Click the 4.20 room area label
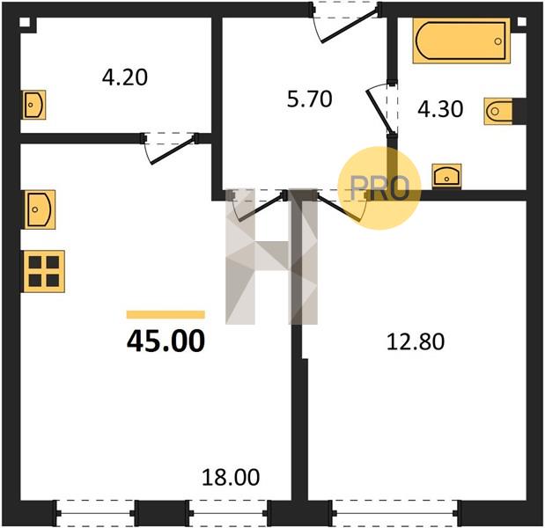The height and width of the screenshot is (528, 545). pos(125,77)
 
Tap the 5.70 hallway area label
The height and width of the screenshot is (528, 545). pos(310,99)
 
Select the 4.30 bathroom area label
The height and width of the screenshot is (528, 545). pos(440,109)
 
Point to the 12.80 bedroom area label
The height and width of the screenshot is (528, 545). pos(416,341)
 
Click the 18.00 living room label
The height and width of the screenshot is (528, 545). pos(231,477)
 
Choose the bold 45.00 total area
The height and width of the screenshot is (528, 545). pos(166,341)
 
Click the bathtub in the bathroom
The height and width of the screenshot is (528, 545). pos(461,41)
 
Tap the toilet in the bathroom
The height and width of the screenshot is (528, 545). pos(498,111)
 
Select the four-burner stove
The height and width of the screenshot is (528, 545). pos(44,271)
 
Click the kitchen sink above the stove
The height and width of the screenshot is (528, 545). pos(40,209)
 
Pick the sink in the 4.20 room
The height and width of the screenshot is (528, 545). pos(34,105)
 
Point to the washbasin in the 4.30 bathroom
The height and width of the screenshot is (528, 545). pos(446,177)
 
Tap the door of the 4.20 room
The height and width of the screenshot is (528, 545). pos(170,149)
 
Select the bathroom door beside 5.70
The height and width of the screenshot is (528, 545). pos(381,107)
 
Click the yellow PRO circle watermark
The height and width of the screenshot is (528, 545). pos(379,188)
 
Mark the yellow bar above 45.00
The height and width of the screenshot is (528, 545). pos(166,315)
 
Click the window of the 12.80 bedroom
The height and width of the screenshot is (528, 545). pos(395,513)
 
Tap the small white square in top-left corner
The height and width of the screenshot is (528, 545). pos(25,23)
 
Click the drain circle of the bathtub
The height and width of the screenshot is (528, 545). pos(498,41)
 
